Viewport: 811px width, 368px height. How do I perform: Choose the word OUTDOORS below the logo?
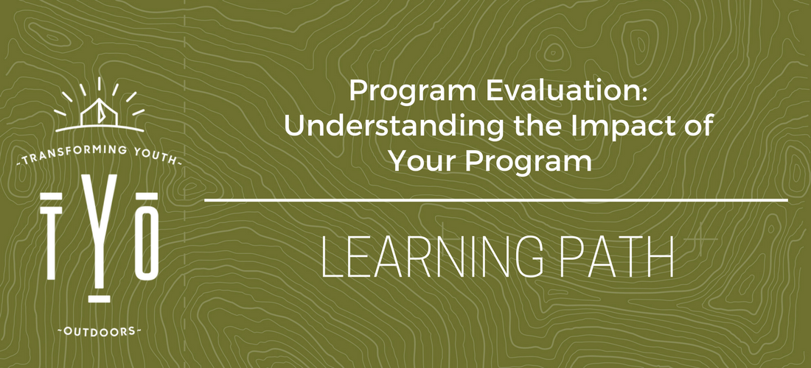point(99,331)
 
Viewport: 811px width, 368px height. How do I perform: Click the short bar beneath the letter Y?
point(99,298)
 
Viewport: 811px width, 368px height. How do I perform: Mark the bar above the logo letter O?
point(147,195)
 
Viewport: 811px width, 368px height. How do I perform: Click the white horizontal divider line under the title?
point(496,199)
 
